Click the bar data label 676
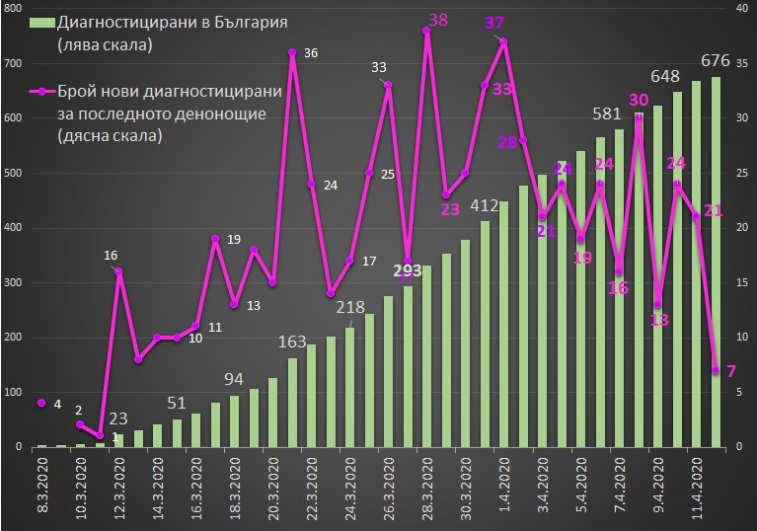[715, 61]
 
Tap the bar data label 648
[665, 76]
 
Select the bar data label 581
[607, 114]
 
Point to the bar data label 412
[485, 206]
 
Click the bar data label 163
[292, 341]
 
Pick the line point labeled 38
[426, 31]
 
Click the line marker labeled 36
[292, 52]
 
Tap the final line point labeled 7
[716, 370]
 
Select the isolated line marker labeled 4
[41, 403]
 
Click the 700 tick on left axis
[15, 63]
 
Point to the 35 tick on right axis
[742, 63]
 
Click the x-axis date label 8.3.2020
[43, 489]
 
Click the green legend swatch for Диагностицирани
[42, 23]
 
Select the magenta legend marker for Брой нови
[42, 91]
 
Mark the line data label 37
[493, 23]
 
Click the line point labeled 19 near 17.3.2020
[215, 239]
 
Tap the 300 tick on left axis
[15, 282]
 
